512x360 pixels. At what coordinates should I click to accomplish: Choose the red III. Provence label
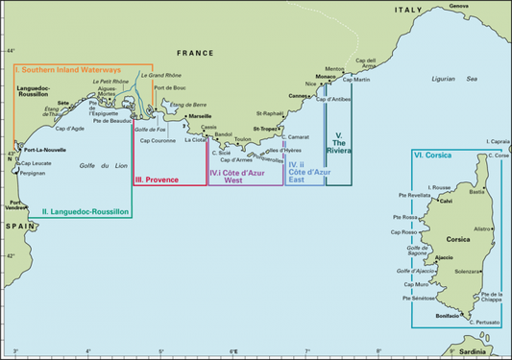coord(157,180)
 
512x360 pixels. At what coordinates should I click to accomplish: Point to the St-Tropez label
coord(266,128)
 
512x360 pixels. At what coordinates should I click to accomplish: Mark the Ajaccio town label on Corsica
coord(444,257)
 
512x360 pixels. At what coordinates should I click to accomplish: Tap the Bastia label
coord(476,192)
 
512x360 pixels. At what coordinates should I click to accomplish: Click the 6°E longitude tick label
coord(233,352)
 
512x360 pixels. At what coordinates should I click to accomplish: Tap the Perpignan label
coord(33,173)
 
